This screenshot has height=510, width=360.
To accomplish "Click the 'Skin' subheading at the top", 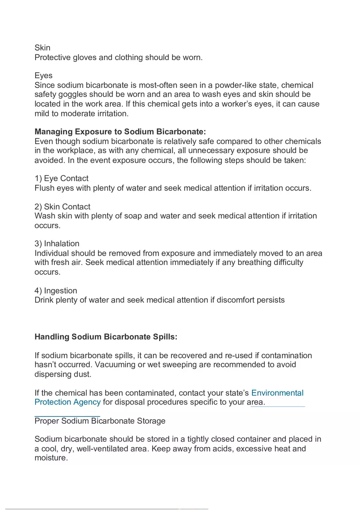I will (43, 48).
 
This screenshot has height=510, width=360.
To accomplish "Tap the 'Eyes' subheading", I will (43, 76).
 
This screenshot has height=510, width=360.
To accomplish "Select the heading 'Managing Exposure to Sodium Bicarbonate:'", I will (120, 132).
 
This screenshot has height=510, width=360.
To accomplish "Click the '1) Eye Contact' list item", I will (61, 178).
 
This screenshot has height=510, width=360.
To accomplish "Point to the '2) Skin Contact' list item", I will (62, 207).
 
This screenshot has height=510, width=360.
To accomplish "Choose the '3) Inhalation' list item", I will (57, 243).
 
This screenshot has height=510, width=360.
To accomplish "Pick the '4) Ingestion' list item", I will (56, 291).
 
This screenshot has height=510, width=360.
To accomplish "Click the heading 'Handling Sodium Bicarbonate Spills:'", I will (106, 337).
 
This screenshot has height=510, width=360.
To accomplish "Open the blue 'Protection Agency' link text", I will (67, 402).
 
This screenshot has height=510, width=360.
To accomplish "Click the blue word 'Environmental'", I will (277, 393).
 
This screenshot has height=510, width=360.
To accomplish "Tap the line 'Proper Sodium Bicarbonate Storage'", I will (100, 421).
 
